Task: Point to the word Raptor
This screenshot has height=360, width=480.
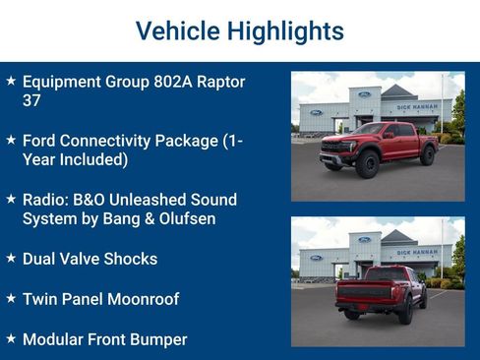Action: tap(220, 82)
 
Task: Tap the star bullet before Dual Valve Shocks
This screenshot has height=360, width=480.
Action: tap(10, 259)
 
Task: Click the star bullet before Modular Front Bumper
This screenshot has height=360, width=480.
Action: tap(10, 339)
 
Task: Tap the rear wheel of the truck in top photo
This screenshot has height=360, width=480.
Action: tap(427, 154)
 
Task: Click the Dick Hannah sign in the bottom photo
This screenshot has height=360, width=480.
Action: tap(417, 252)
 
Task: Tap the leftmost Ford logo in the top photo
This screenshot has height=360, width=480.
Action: tap(316, 113)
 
